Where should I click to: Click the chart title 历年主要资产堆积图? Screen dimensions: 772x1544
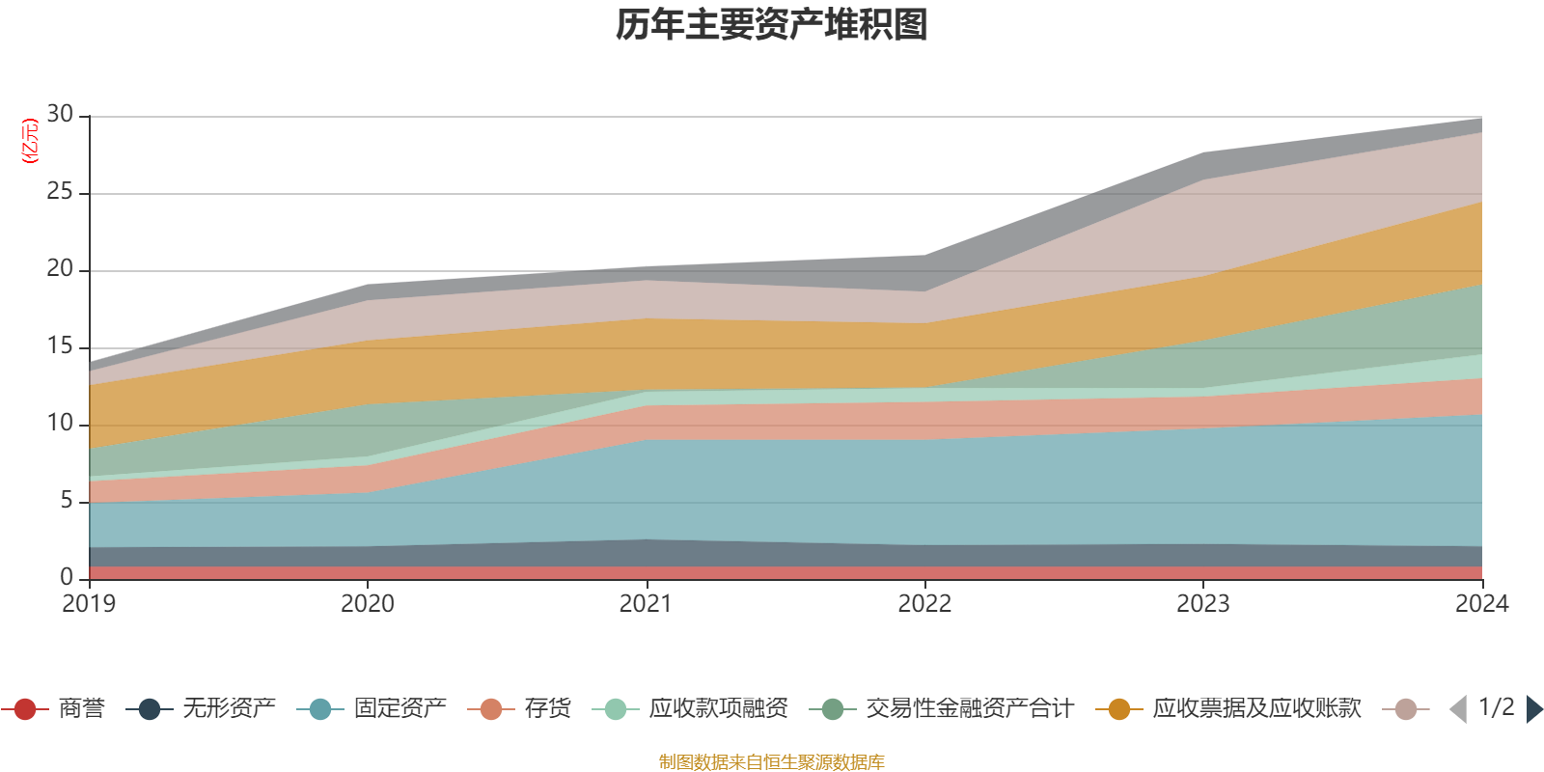772,25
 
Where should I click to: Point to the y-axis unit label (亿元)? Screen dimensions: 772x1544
30,141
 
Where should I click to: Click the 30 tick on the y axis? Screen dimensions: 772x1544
60,115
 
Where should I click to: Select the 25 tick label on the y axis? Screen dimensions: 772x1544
60,192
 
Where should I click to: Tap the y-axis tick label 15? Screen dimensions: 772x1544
60,346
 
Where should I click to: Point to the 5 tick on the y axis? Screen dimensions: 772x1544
66,501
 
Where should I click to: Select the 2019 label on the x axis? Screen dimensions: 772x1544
89,604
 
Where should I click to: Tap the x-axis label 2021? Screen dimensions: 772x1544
646,604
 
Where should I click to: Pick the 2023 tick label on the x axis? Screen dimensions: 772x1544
1202,604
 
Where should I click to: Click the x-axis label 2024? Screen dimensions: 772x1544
1481,604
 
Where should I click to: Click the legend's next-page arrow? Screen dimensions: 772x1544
1534,709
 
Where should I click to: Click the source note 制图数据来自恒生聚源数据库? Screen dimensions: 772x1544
772,762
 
